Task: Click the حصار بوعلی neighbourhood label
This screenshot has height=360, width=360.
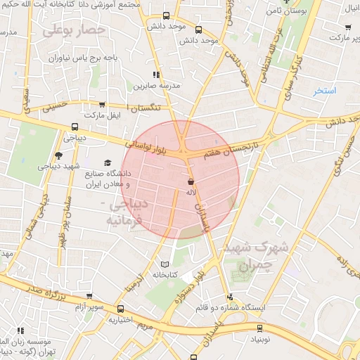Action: (74, 30)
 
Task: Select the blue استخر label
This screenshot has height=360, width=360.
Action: (326, 91)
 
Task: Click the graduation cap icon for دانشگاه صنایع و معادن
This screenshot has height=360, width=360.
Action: (108, 163)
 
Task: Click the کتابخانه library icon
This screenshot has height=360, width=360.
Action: (165, 263)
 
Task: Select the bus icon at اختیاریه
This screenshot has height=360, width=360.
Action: (120, 309)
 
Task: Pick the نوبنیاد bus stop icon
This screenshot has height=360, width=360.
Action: (259, 328)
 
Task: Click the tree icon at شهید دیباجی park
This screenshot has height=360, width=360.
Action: (57, 155)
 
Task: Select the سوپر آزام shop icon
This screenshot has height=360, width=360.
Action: (88, 297)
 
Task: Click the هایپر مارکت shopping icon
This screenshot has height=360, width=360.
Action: (347, 27)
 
